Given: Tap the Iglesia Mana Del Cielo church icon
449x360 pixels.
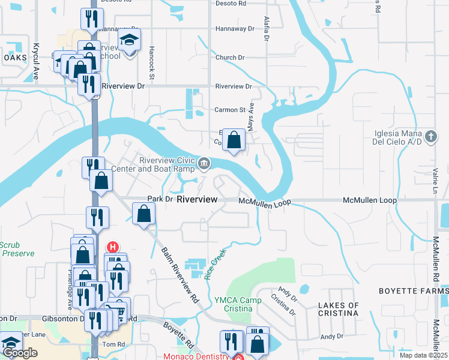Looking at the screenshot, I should point(430,137).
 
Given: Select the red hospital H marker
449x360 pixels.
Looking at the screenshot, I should point(112,247).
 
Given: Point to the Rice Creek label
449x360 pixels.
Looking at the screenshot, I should point(217,263).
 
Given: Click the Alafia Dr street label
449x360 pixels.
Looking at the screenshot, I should point(266,29).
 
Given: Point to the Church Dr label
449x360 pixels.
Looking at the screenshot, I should point(231,58).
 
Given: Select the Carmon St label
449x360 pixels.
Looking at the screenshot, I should point(231,110).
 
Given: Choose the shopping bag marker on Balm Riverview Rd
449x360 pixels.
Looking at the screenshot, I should point(144,214).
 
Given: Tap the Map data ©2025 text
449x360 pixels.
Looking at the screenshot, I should point(422,355).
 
